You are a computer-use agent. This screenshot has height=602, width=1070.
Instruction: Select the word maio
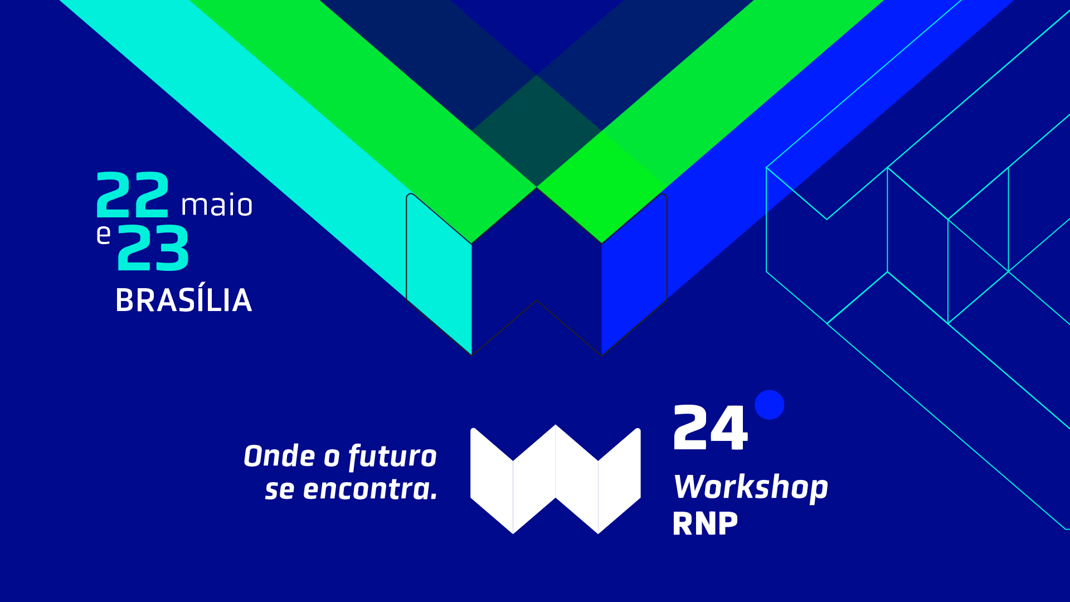click(217, 205)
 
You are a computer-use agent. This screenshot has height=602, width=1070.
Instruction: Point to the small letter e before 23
click(104, 235)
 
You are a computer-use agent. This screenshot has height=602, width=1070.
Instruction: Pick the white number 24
click(710, 428)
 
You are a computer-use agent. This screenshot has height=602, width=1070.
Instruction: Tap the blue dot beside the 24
click(769, 405)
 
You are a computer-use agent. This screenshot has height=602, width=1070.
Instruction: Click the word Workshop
click(751, 488)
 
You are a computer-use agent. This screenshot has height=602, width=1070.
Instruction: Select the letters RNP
click(705, 524)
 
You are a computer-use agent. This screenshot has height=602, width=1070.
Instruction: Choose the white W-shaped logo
click(556, 479)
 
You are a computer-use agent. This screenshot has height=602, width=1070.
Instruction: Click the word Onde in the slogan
click(279, 456)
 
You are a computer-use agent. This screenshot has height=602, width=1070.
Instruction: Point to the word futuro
click(392, 457)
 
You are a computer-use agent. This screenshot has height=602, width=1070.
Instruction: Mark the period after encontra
click(434, 498)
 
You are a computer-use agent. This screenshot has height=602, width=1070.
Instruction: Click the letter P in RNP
click(728, 524)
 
